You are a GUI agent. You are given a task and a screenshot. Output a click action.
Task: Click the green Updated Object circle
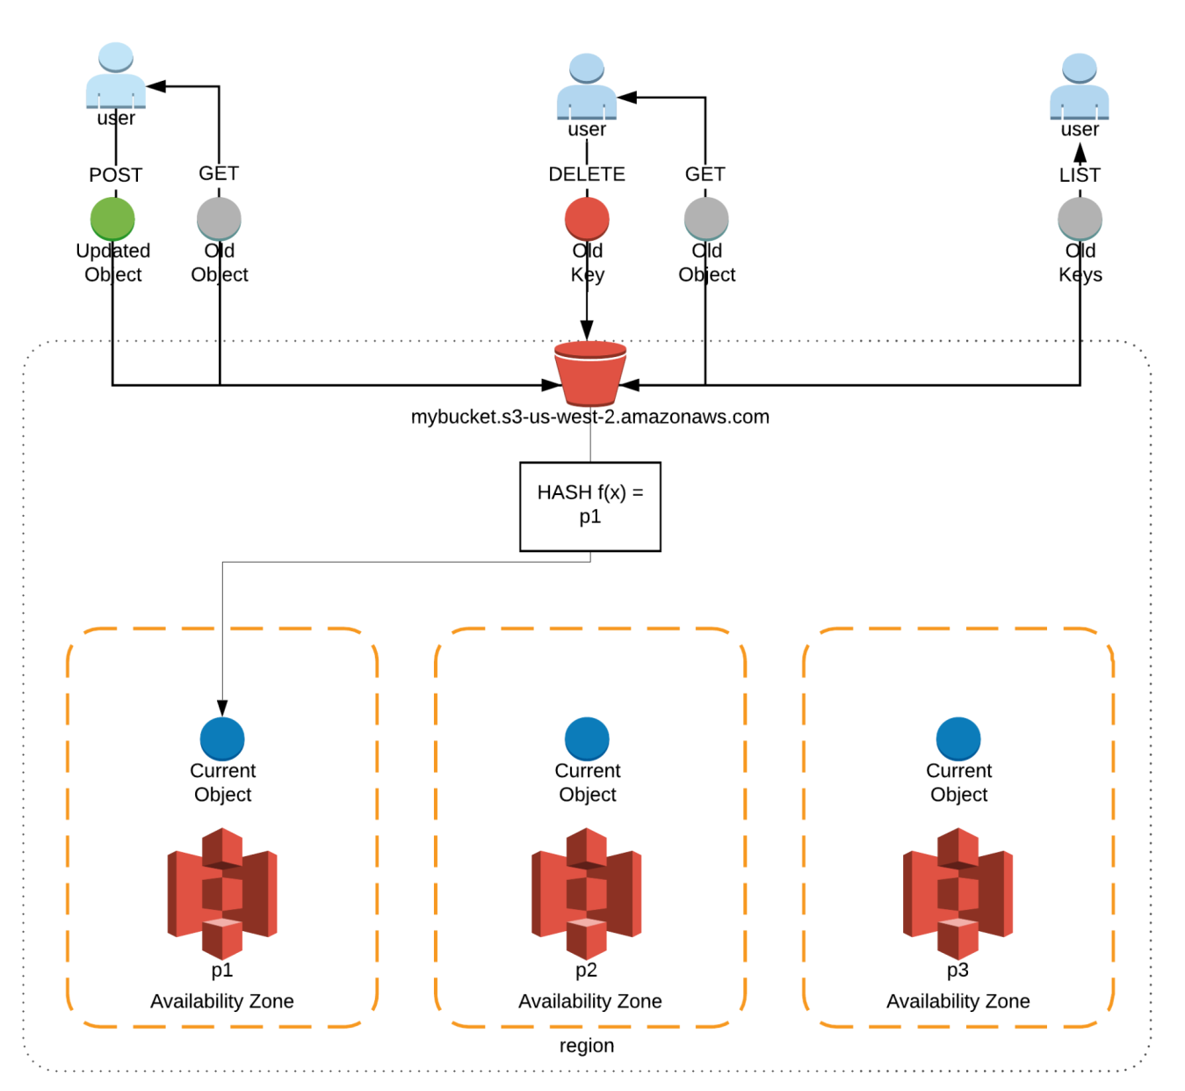click(112, 219)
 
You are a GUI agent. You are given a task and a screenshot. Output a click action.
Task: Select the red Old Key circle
click(587, 219)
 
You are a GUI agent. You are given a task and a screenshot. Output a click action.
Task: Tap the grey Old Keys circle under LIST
click(1080, 219)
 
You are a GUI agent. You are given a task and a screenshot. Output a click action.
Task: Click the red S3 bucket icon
click(590, 373)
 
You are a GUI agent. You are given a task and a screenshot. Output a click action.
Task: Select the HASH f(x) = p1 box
click(590, 506)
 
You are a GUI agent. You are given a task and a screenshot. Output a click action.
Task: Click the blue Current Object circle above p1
click(222, 738)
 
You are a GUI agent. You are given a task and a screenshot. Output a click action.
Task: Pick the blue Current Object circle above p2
click(587, 738)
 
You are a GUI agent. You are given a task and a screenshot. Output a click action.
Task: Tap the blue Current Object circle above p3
click(958, 738)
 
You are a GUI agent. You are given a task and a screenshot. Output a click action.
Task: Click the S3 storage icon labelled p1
click(222, 892)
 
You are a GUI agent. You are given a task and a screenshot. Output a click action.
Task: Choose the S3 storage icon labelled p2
click(587, 892)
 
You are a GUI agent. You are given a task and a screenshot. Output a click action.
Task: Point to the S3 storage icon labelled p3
click(958, 892)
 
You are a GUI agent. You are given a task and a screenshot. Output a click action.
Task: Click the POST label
click(115, 175)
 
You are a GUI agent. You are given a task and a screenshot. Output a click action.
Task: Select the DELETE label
click(587, 174)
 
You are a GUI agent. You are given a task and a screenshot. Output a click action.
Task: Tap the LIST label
click(1080, 175)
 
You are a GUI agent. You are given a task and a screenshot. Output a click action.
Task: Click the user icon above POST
click(116, 76)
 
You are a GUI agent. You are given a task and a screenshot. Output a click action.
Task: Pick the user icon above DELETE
click(587, 86)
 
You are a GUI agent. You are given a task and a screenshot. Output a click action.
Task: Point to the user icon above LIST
click(1080, 86)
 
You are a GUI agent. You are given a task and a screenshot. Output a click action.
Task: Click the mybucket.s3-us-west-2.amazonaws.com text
click(590, 417)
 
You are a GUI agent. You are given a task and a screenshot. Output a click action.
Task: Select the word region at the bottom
click(587, 1045)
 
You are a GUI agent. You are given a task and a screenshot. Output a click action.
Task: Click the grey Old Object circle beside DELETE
click(706, 219)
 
